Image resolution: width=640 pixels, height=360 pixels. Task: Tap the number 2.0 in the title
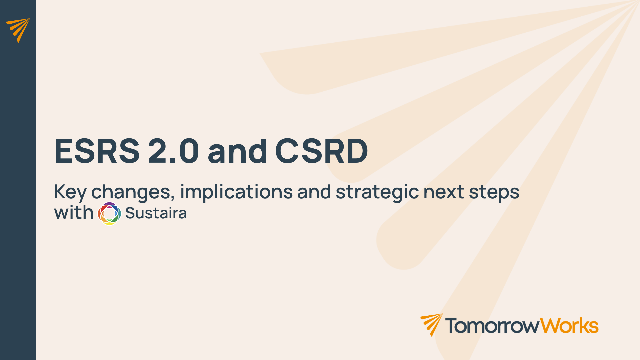173,151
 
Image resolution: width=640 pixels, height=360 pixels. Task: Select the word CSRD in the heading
322,151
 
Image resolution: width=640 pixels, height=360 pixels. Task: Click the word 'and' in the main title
237,151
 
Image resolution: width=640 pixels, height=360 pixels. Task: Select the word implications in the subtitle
236,193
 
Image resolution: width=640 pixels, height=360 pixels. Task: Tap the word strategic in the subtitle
377,193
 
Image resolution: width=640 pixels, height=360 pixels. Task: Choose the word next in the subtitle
444,192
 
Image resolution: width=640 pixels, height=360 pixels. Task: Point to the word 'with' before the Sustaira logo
74,212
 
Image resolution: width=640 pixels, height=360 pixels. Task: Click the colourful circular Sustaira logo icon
109,214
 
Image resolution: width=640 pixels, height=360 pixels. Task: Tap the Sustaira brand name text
156,213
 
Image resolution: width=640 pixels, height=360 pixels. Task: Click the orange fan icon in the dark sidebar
18,30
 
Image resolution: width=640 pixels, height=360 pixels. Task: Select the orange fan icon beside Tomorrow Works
432,325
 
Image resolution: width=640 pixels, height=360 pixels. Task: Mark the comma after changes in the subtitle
172,199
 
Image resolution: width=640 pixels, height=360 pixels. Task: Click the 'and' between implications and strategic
314,192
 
